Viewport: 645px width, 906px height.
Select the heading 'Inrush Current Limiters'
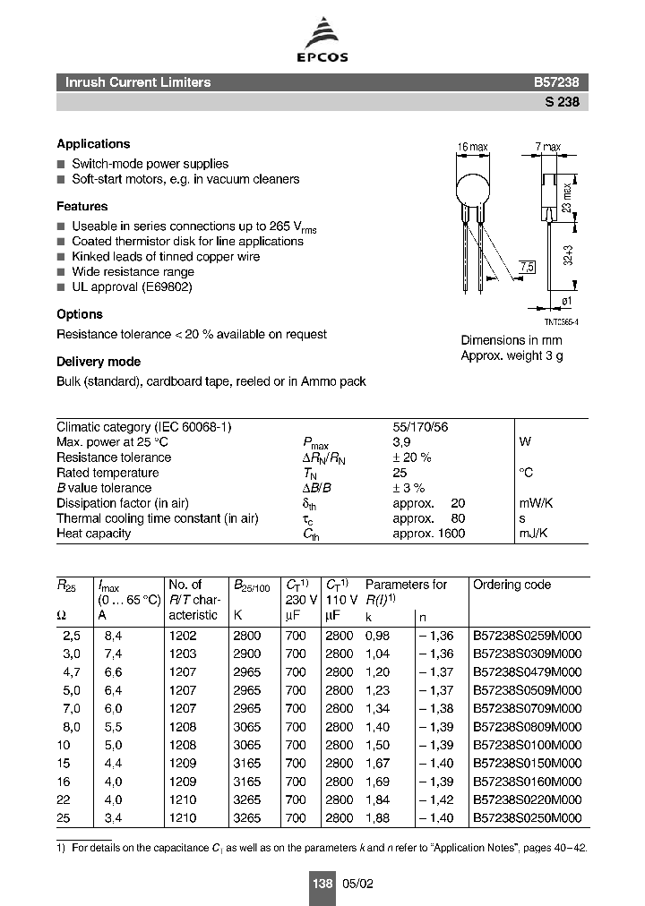coord(138,82)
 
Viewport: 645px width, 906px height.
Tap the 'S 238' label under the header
coord(562,102)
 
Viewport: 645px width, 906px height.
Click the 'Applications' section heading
coord(93,144)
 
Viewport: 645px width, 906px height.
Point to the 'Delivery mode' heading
coord(99,362)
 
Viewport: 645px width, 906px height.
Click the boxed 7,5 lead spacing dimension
coord(528,267)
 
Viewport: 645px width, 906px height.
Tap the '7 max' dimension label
coord(547,147)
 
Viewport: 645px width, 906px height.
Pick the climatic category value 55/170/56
coord(420,427)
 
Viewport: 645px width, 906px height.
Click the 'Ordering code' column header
coord(512,585)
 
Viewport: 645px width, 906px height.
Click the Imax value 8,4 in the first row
coord(113,635)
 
